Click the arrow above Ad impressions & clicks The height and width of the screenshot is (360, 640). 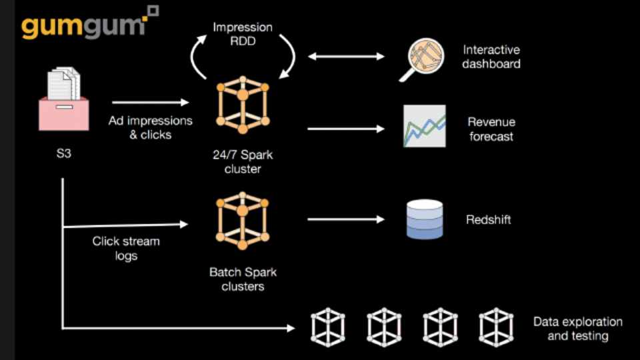click(x=151, y=103)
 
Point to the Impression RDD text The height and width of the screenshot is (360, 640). click(x=242, y=34)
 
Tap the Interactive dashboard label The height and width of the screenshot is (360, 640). click(x=491, y=57)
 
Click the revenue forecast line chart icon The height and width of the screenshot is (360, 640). click(x=424, y=126)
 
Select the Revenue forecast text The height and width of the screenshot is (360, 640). click(x=491, y=129)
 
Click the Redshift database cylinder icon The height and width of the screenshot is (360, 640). click(x=425, y=219)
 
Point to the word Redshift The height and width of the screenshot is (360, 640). click(x=489, y=219)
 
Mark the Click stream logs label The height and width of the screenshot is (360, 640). click(x=126, y=248)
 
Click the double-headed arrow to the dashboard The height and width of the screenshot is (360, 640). click(x=347, y=57)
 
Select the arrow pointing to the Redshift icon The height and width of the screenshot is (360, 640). click(x=347, y=219)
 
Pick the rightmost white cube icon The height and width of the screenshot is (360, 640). click(x=496, y=327)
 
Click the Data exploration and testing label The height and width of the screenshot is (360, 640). click(x=577, y=329)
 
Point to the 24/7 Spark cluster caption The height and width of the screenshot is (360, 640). click(x=243, y=162)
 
